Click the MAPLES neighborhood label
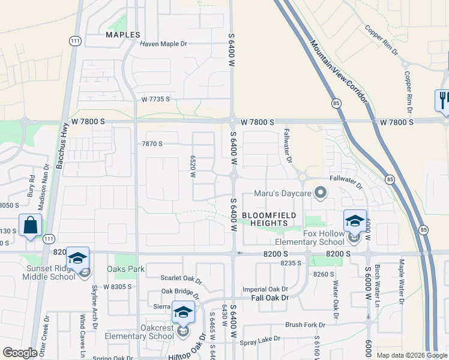tap(122, 35)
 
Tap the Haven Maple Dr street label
tap(164, 44)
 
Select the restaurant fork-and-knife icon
tap(443, 100)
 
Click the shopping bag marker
tap(30, 226)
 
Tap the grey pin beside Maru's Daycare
tap(321, 193)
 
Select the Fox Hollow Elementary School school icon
tap(355, 220)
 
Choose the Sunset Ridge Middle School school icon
tap(77, 258)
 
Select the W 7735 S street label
tap(155, 99)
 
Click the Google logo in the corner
tap(20, 353)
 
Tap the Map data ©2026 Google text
tap(411, 355)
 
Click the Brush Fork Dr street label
tap(305, 325)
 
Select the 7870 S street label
tap(152, 144)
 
